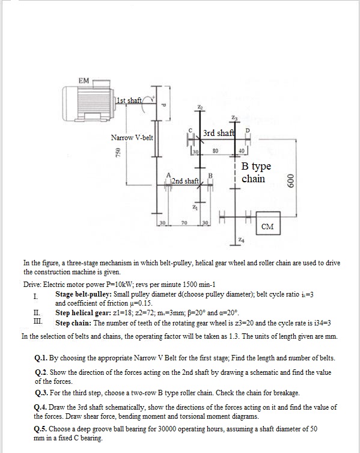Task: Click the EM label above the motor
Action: [84, 80]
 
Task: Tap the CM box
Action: [268, 226]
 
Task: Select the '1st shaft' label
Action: [129, 100]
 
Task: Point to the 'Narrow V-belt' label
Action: [132, 138]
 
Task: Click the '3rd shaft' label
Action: [219, 133]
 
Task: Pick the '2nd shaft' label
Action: [185, 180]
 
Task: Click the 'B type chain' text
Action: [256, 172]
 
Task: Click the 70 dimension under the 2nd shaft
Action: [183, 223]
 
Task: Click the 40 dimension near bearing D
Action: [240, 151]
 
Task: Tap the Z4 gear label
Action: [241, 241]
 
